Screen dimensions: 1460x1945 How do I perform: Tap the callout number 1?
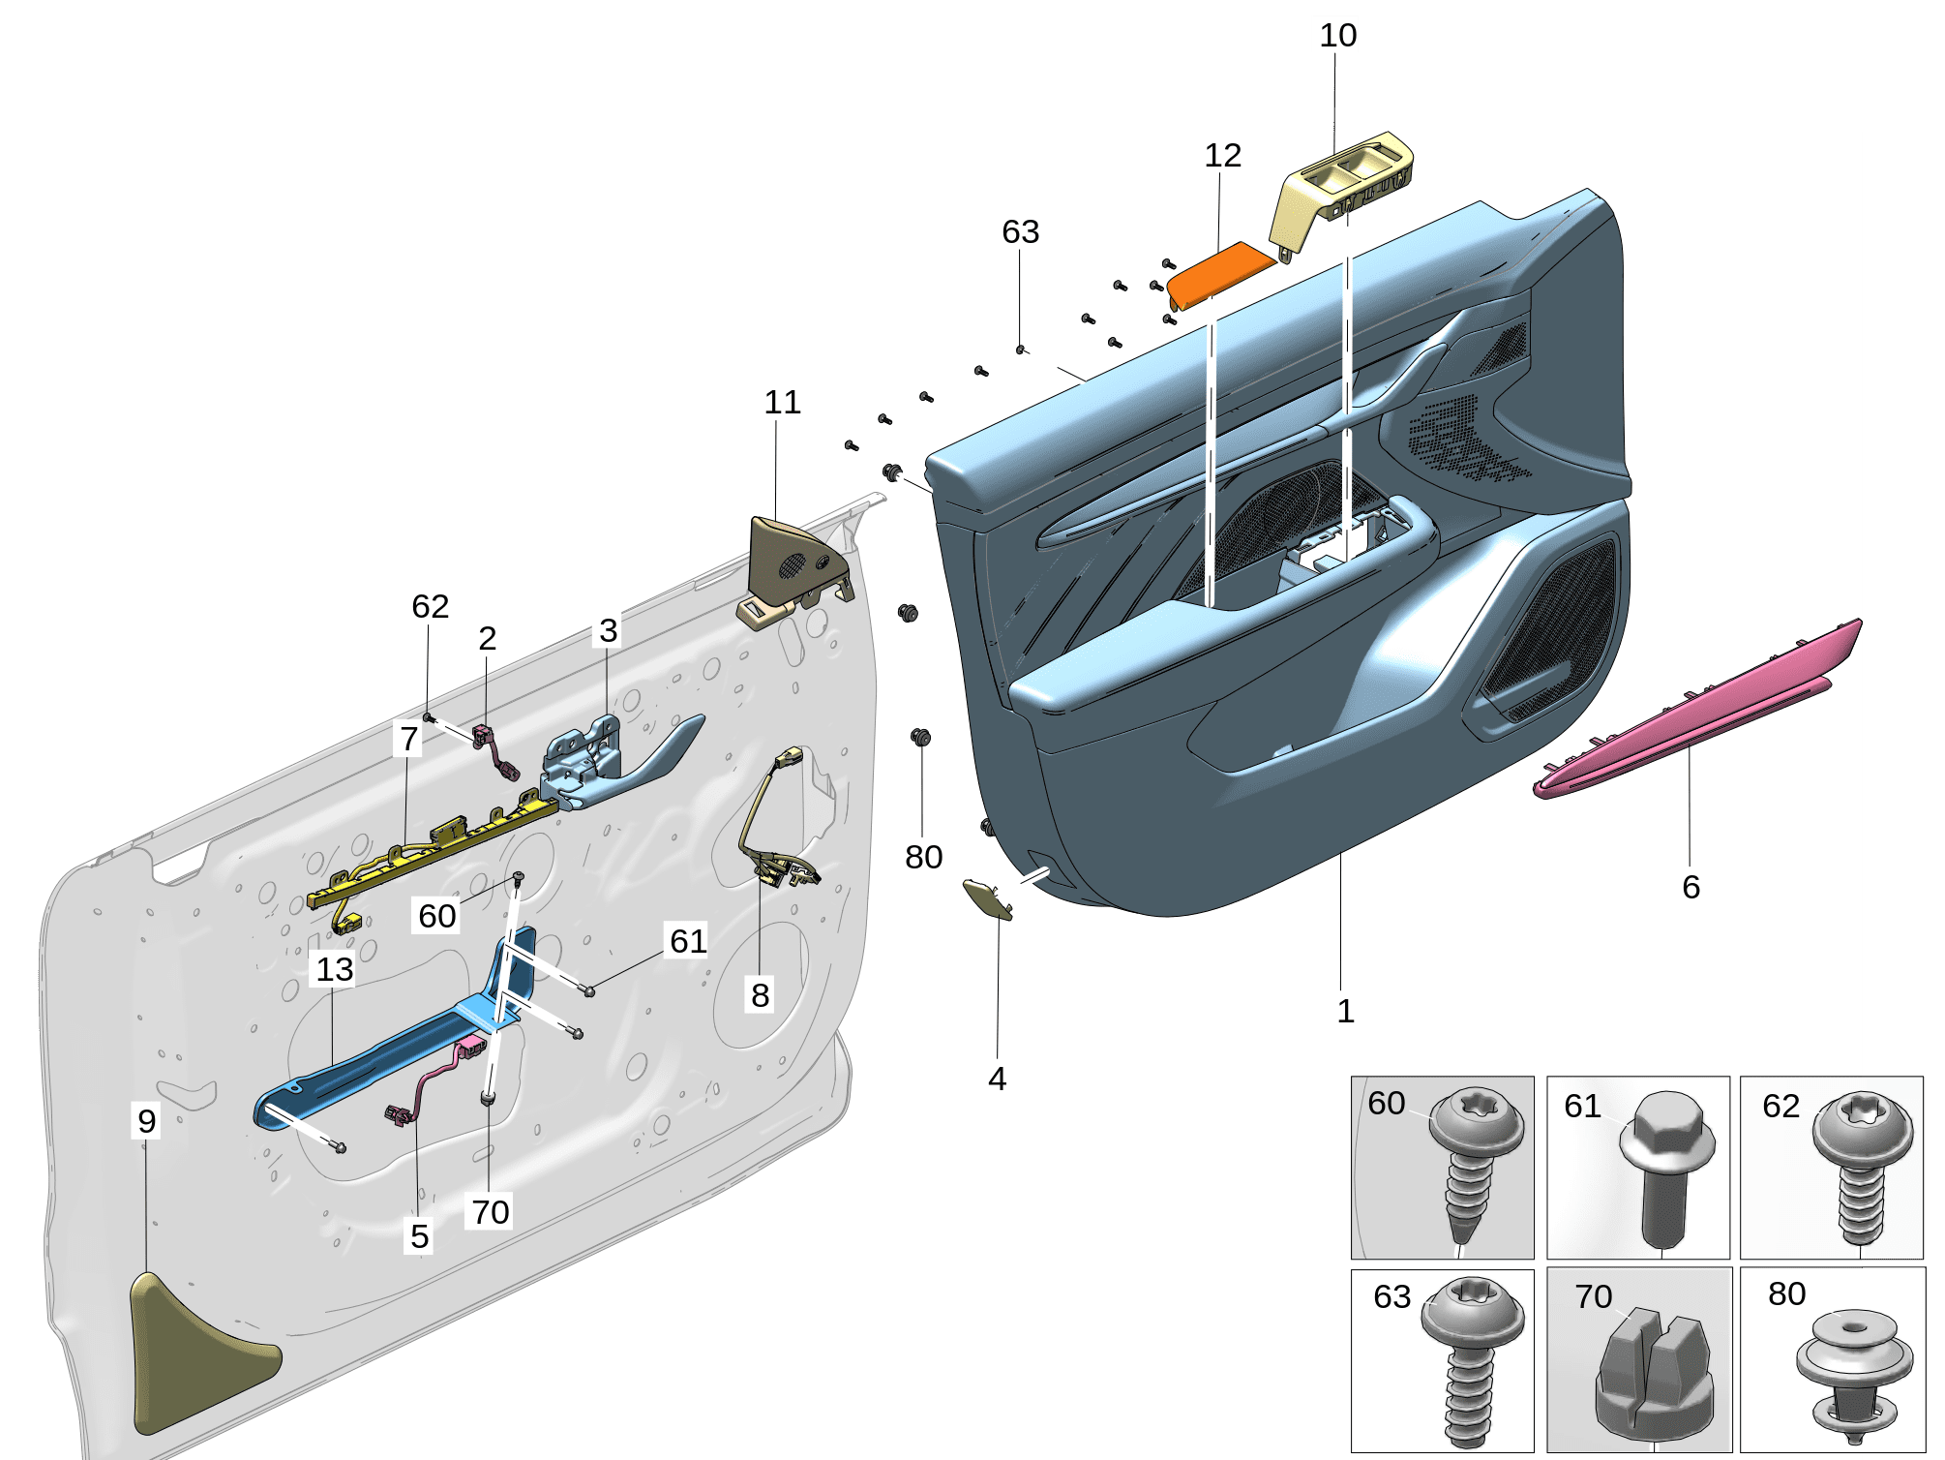point(1345,1012)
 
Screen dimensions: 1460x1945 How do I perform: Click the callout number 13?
point(335,969)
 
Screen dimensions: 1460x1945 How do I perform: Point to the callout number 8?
point(761,994)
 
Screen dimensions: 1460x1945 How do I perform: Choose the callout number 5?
point(419,1236)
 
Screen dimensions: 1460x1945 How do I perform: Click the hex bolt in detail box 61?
point(1662,1171)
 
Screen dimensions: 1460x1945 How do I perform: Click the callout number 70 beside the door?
point(490,1211)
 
